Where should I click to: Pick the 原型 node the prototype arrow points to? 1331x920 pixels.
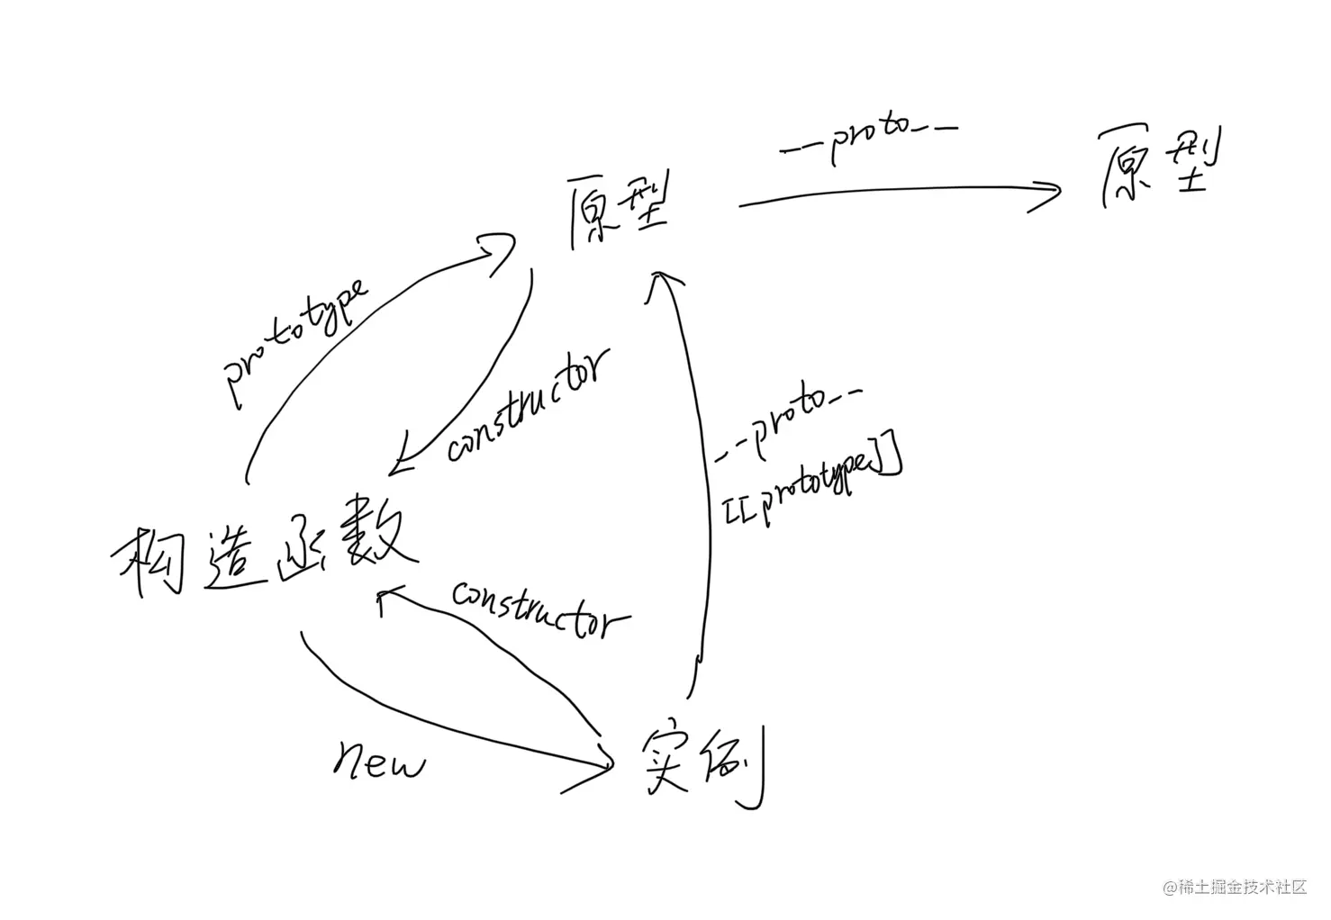point(619,213)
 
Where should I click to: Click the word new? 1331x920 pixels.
point(379,762)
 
